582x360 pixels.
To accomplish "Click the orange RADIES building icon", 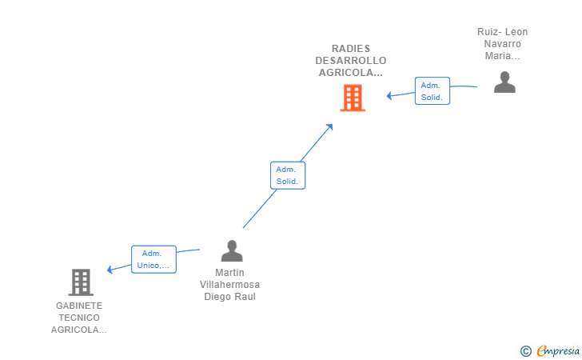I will point(353,98).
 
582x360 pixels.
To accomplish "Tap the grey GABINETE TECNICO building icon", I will point(81,282).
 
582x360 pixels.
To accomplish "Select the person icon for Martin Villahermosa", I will point(232,251).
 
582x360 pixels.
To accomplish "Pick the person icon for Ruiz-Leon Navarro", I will point(504,82).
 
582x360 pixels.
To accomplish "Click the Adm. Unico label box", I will point(153,259).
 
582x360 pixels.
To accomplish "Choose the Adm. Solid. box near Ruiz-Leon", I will point(432,91).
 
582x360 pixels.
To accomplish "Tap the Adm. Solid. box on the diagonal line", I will point(287,175).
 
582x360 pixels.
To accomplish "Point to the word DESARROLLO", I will point(351,61).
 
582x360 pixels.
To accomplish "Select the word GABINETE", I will point(79,306).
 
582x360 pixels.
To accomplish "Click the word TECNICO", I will point(79,318).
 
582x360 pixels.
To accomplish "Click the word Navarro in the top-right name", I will point(503,44).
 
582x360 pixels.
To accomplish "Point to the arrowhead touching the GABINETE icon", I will point(110,270).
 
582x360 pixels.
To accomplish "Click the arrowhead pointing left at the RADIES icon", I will point(389,96).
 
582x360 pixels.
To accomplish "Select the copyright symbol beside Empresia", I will point(525,350).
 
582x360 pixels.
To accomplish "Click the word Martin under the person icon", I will point(229,273).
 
